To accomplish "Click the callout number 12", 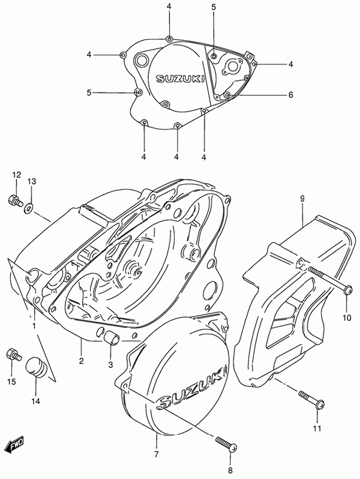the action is [17, 175].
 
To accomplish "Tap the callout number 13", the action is [32, 182].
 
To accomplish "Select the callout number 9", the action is [302, 199].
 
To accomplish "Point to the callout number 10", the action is [347, 318].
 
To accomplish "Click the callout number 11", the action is [317, 429].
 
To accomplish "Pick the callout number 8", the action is [230, 470].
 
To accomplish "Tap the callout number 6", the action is [290, 95].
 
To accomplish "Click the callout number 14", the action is [36, 402].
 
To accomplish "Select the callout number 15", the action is [12, 381].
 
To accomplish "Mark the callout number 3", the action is [110, 364].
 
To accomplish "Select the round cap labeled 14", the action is [35, 366].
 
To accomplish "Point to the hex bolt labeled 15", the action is [13, 354].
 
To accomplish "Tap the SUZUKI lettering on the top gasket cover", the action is [181, 79].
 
